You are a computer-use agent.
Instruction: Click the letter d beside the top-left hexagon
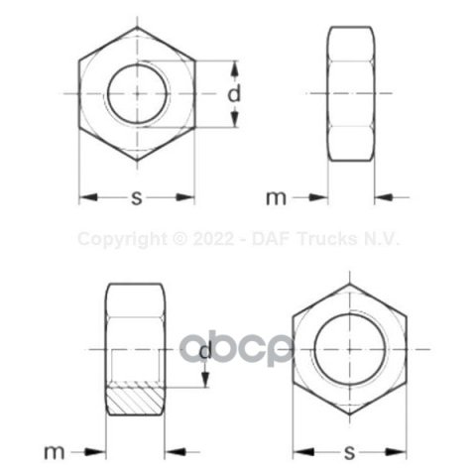click(x=234, y=93)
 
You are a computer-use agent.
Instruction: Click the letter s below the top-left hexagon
click(x=137, y=197)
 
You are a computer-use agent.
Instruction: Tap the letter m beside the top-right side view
click(x=276, y=198)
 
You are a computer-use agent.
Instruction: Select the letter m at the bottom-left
click(x=55, y=452)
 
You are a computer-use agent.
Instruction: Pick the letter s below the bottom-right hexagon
click(x=349, y=452)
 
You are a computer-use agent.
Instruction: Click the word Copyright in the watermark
click(x=123, y=239)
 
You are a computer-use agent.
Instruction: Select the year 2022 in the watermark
click(x=214, y=239)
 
